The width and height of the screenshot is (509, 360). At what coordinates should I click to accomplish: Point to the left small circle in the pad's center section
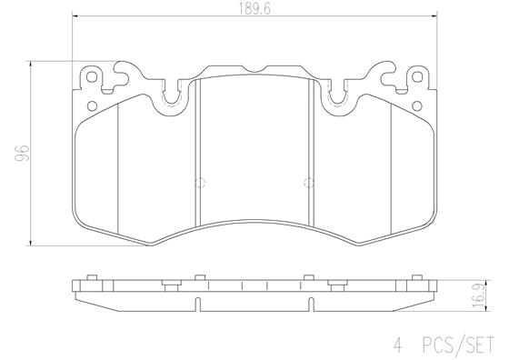coord(202,179)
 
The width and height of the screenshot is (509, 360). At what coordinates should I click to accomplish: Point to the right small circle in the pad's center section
coord(306,179)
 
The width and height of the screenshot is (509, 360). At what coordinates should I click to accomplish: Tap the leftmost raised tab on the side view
coord(91,277)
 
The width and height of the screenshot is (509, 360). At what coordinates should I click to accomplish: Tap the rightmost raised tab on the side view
coord(418,277)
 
